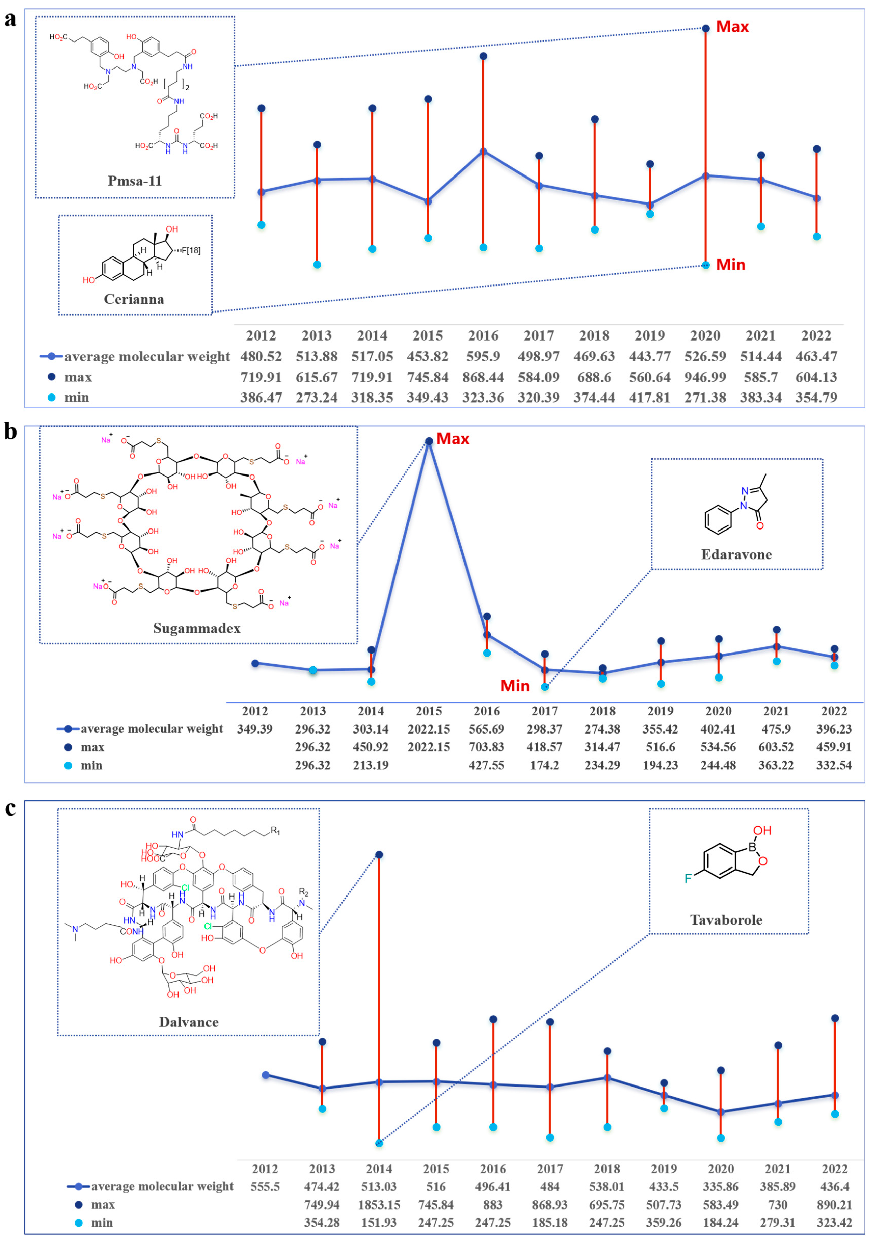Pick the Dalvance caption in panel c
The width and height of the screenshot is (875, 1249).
189,1022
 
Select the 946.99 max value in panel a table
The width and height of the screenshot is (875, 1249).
705,377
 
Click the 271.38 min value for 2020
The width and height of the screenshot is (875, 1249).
705,398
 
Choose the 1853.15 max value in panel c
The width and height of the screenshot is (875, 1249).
379,1205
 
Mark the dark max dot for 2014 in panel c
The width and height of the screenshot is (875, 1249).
379,854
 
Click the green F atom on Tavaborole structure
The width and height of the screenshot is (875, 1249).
688,878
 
